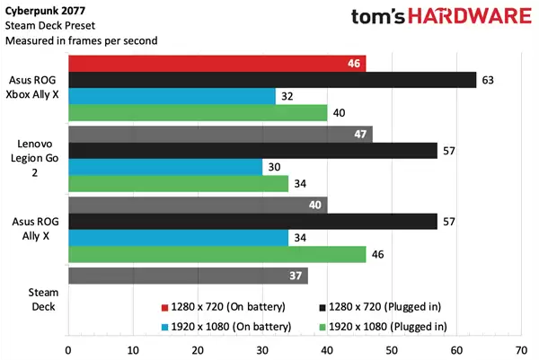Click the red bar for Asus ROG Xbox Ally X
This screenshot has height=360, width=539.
216,63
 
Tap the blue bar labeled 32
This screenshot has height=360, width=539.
171,96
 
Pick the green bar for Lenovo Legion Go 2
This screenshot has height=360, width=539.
178,183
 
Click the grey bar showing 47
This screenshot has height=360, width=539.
219,135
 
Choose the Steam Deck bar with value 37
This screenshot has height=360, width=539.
187,276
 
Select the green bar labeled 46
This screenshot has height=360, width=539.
216,254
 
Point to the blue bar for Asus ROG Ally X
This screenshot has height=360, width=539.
178,237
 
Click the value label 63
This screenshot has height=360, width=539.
489,80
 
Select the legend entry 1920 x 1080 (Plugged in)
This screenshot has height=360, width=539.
386,326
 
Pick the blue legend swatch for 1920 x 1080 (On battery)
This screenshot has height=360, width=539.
164,326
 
